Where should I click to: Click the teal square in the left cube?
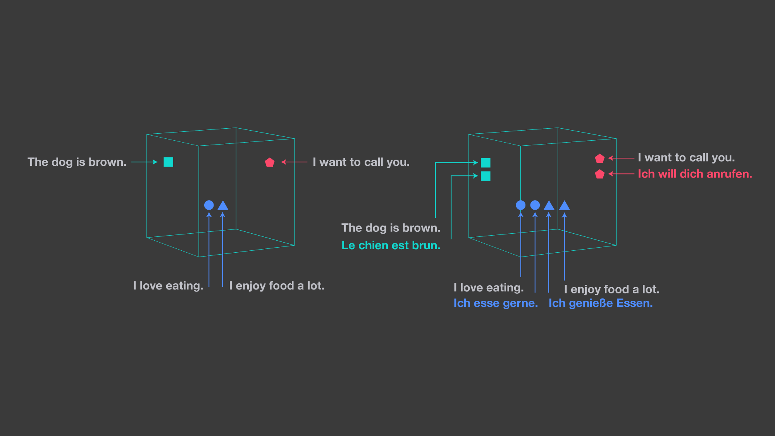pyautogui.click(x=168, y=162)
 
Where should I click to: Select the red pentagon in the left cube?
pyautogui.click(x=270, y=162)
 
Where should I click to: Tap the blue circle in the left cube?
pyautogui.click(x=209, y=205)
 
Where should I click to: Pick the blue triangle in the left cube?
pyautogui.click(x=223, y=205)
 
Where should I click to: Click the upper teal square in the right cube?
pyautogui.click(x=486, y=163)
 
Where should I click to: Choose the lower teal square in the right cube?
pyautogui.click(x=486, y=176)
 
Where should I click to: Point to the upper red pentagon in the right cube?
pyautogui.click(x=599, y=159)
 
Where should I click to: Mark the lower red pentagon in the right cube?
pyautogui.click(x=599, y=174)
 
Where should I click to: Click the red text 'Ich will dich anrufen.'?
pyautogui.click(x=695, y=174)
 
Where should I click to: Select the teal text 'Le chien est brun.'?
pyautogui.click(x=391, y=245)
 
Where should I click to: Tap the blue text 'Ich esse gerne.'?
pyautogui.click(x=496, y=303)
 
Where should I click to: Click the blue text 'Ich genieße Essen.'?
pyautogui.click(x=600, y=303)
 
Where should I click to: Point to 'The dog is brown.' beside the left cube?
pyautogui.click(x=77, y=162)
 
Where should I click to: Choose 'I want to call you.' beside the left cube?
pyautogui.click(x=361, y=162)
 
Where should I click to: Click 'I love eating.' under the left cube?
pyautogui.click(x=168, y=286)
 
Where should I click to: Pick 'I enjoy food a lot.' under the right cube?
pyautogui.click(x=611, y=289)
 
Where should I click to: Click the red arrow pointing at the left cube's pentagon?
pyautogui.click(x=294, y=162)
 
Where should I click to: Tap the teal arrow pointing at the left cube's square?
pyautogui.click(x=144, y=162)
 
